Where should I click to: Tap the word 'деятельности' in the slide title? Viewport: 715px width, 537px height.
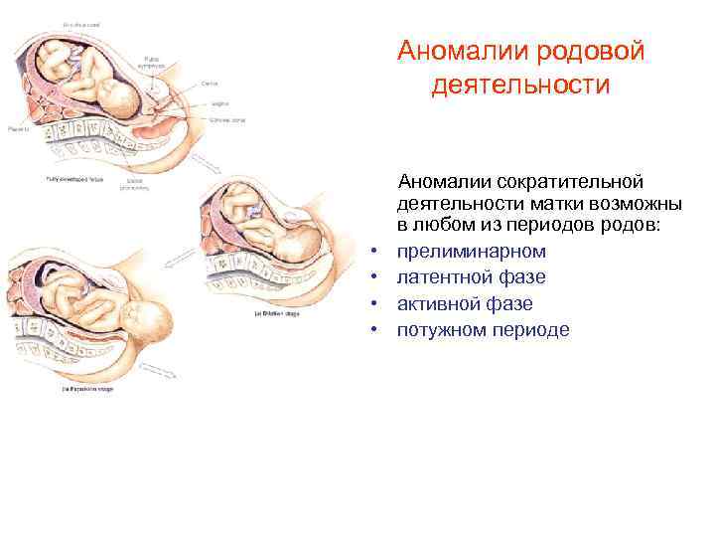(x=520, y=86)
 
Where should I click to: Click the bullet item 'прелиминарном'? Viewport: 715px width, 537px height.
(x=471, y=252)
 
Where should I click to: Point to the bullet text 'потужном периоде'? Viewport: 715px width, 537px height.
(x=484, y=329)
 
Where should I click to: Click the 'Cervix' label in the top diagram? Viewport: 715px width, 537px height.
(x=211, y=84)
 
